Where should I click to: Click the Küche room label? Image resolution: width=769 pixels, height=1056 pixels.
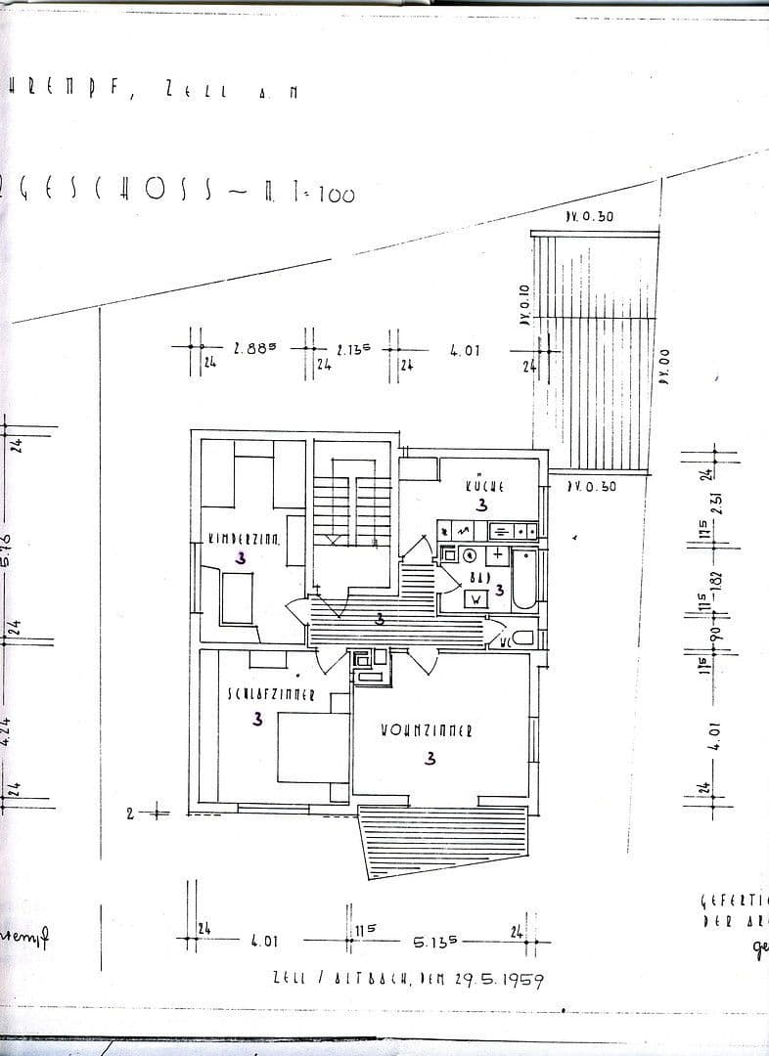[x=484, y=485]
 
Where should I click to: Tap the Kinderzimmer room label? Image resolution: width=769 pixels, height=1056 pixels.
[x=244, y=538]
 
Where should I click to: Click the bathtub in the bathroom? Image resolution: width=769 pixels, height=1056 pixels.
[x=524, y=581]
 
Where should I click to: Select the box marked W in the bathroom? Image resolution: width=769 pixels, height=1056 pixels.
[x=475, y=598]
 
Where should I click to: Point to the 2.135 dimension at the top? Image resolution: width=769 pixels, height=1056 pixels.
[x=352, y=349]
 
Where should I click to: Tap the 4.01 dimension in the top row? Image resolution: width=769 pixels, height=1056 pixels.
[x=465, y=349]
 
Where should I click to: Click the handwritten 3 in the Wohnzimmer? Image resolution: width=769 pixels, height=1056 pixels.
[x=430, y=758]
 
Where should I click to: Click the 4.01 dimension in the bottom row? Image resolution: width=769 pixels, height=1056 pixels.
[x=264, y=942]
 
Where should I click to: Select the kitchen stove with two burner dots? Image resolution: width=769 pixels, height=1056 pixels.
[x=513, y=530]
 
